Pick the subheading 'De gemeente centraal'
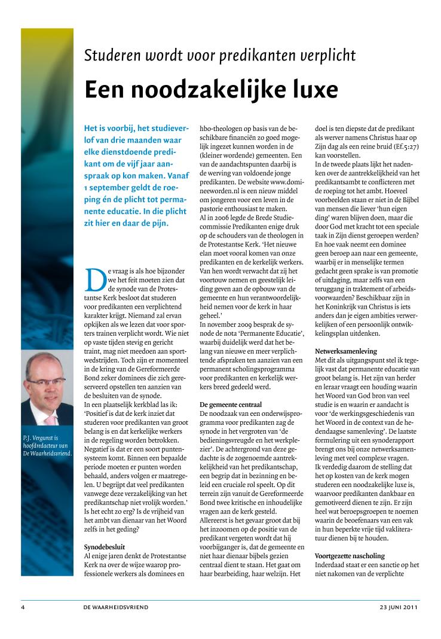tap(231, 405)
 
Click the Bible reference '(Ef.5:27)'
tap(406, 146)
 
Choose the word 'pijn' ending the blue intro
tap(160, 223)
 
